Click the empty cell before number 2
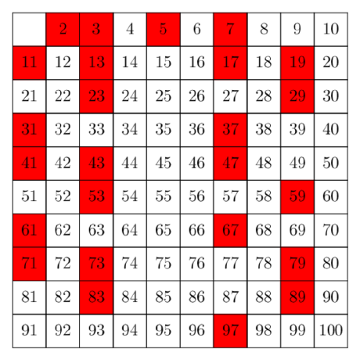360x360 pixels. tap(29, 29)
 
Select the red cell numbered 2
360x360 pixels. tap(63, 29)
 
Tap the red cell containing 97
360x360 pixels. tap(230, 331)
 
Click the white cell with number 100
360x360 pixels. tap(331, 331)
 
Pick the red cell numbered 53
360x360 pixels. tap(96, 197)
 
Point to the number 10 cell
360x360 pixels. tap(331, 29)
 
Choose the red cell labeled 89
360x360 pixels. tap(297, 297)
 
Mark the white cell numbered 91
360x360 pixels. tap(29, 331)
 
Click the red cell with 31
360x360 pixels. tap(29, 130)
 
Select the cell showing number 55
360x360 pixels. tap(164, 197)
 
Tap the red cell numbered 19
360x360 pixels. tap(297, 63)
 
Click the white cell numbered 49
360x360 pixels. tap(297, 164)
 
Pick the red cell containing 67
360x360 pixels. tap(230, 231)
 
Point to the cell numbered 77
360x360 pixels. tap(230, 264)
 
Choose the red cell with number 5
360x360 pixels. tap(164, 29)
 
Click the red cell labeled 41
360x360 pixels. tap(29, 164)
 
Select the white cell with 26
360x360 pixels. tap(197, 96)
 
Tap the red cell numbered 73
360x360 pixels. tap(96, 264)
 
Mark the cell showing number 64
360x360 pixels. tap(130, 231)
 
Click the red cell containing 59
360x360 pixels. tap(297, 197)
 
